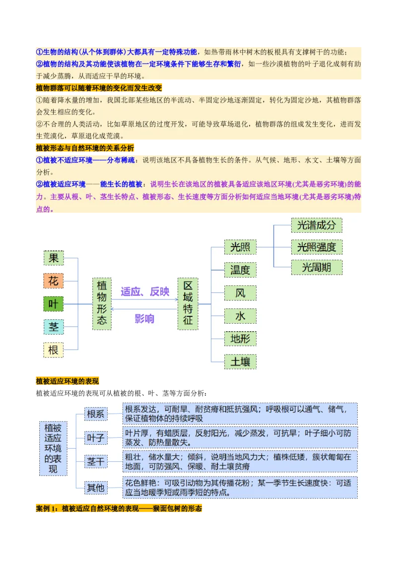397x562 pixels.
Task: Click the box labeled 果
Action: pyautogui.click(x=54, y=258)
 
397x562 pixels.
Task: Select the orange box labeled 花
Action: pyautogui.click(x=54, y=281)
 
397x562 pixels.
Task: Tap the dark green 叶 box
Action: pyautogui.click(x=54, y=304)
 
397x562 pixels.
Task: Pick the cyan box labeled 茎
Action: pyautogui.click(x=54, y=327)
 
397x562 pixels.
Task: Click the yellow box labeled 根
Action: pyautogui.click(x=54, y=350)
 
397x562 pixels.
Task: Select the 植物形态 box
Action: pyautogui.click(x=102, y=304)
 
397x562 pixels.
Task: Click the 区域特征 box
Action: pyautogui.click(x=188, y=304)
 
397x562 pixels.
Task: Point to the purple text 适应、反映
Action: pyautogui.click(x=145, y=291)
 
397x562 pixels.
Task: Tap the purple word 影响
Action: pyautogui.click(x=144, y=319)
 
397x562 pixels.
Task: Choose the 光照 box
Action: pyautogui.click(x=240, y=247)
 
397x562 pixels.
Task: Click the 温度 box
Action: pyautogui.click(x=240, y=270)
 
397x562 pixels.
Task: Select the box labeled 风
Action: pyautogui.click(x=240, y=293)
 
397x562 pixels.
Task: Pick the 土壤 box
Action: pyautogui.click(x=240, y=362)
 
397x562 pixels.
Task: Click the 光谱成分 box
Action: pyautogui.click(x=316, y=225)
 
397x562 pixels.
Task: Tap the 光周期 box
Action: pyautogui.click(x=316, y=268)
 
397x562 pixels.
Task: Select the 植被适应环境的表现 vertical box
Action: pyautogui.click(x=53, y=448)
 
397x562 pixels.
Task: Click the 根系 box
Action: pyautogui.click(x=96, y=414)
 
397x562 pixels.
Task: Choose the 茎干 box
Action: pyautogui.click(x=96, y=462)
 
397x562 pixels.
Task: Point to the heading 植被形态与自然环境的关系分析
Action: pyautogui.click(x=85, y=148)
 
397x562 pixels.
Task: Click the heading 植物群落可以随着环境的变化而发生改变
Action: pyautogui.click(x=99, y=88)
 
